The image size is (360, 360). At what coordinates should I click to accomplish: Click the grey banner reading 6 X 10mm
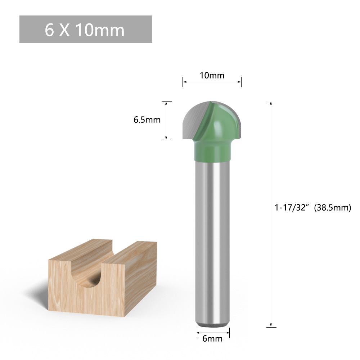pyautogui.click(x=86, y=29)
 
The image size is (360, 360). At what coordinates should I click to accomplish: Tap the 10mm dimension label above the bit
pyautogui.click(x=212, y=75)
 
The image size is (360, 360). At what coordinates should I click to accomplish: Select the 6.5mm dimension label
pyautogui.click(x=147, y=120)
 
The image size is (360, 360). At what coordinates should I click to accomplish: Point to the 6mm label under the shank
pyautogui.click(x=212, y=339)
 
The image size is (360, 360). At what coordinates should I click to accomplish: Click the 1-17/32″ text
pyautogui.click(x=291, y=208)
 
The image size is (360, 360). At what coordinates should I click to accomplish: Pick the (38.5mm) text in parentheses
pyautogui.click(x=332, y=208)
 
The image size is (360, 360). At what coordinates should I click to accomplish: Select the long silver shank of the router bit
pyautogui.click(x=212, y=241)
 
